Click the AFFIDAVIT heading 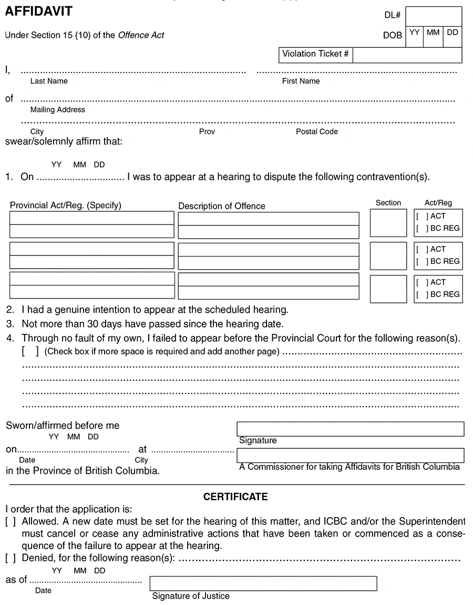pyautogui.click(x=39, y=11)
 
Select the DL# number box pyautogui.click(x=434, y=16)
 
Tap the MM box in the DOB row pyautogui.click(x=433, y=36)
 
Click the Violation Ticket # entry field pyautogui.click(x=407, y=55)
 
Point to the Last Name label pyautogui.click(x=49, y=81)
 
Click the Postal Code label pyautogui.click(x=317, y=131)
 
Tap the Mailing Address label pyautogui.click(x=58, y=110)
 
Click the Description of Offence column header pyautogui.click(x=222, y=206)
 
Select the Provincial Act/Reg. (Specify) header pyautogui.click(x=66, y=206)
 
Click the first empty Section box pyautogui.click(x=388, y=223)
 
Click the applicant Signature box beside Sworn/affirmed pyautogui.click(x=351, y=429)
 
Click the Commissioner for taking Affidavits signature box pyautogui.click(x=351, y=455)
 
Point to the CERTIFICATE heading pyautogui.click(x=235, y=497)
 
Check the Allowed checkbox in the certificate pyautogui.click(x=11, y=521)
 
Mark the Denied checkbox pyautogui.click(x=11, y=558)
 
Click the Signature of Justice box pyautogui.click(x=263, y=583)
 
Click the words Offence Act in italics pyautogui.click(x=141, y=35)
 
